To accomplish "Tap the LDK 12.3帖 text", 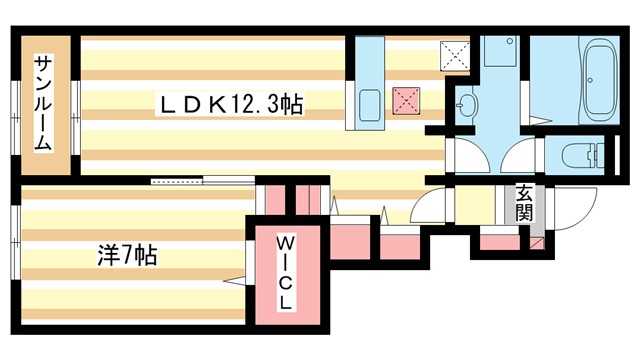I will (229, 103).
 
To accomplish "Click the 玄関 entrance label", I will (524, 204).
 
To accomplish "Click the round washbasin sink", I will (468, 103).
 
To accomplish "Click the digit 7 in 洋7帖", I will (121, 254).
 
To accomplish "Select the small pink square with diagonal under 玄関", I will (538, 243).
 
